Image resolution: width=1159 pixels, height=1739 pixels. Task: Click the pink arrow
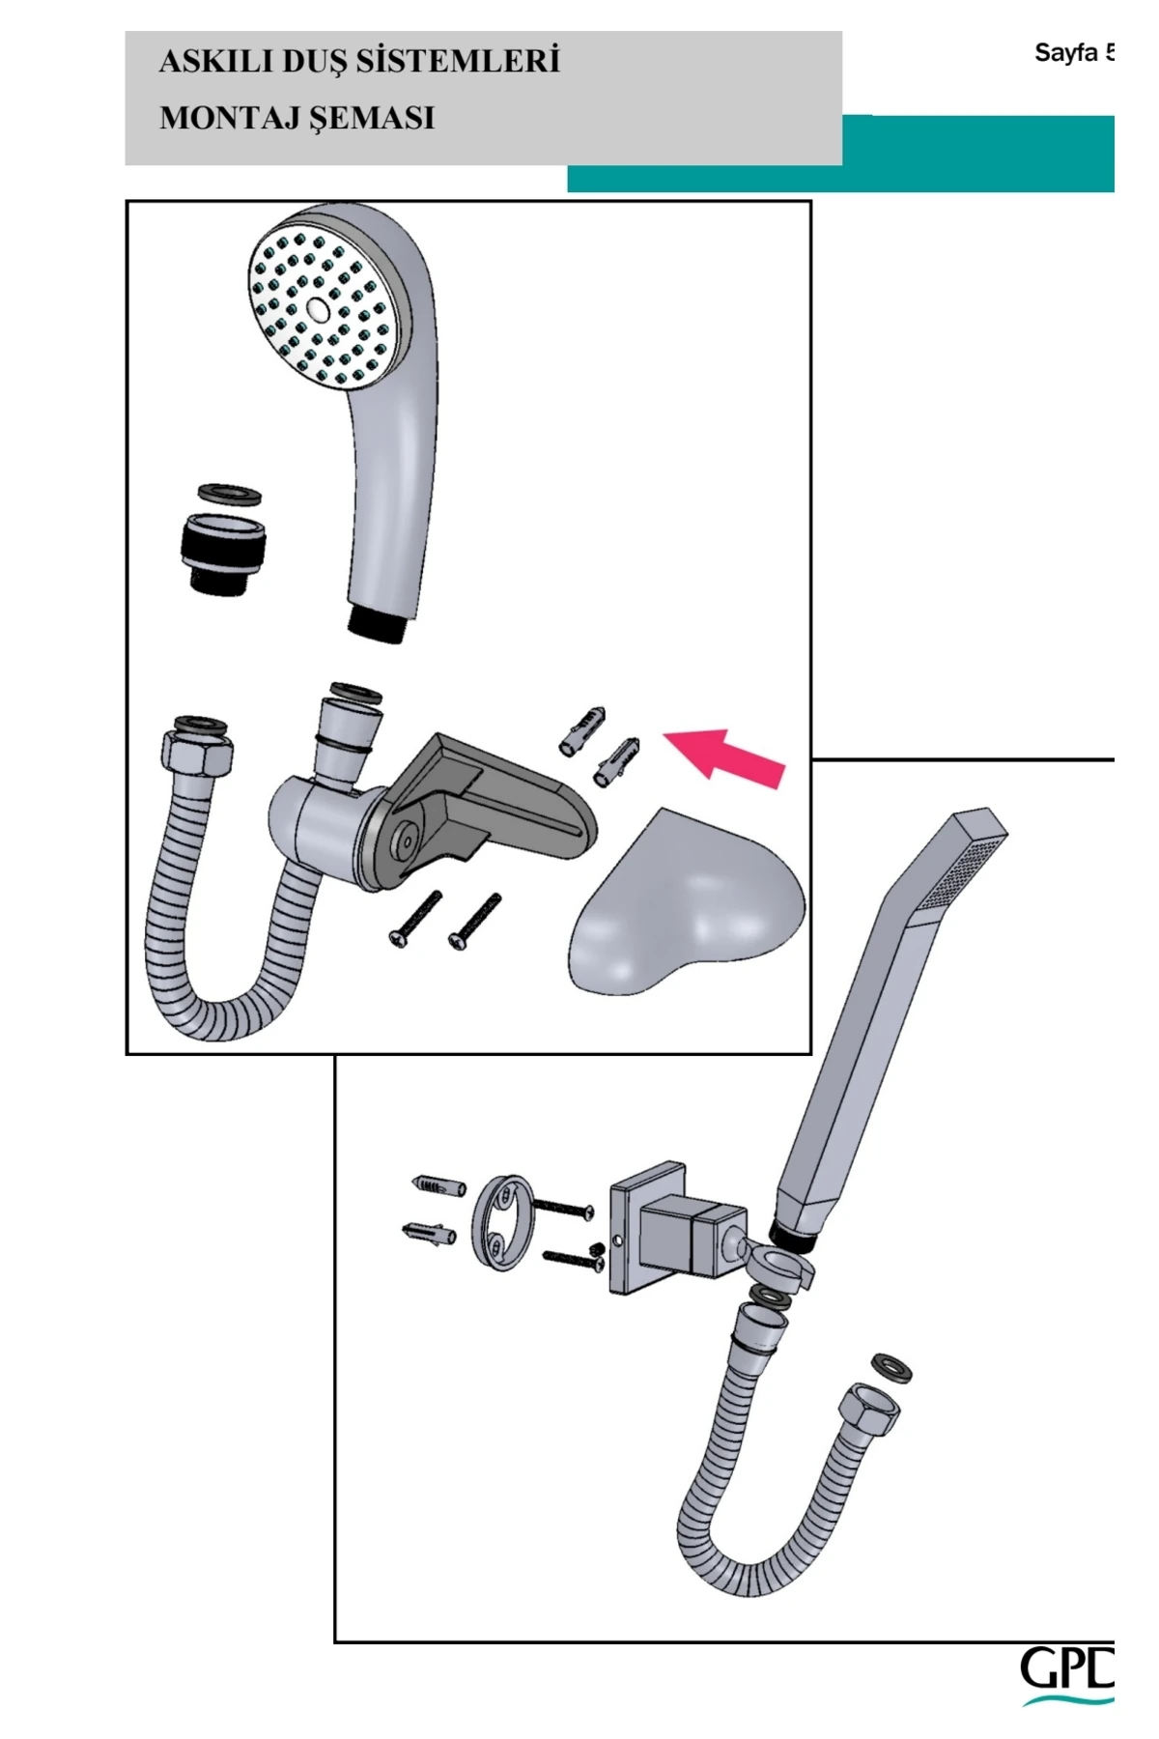724,756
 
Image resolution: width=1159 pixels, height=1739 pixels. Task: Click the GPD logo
1067,1677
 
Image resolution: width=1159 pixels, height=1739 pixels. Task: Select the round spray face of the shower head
319,309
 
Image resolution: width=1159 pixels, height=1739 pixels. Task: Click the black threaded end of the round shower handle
380,623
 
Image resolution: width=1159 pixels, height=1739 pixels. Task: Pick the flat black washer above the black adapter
229,495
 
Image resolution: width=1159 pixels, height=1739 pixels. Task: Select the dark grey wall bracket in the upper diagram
483,807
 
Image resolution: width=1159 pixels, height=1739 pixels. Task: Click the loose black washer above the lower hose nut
891,1368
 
